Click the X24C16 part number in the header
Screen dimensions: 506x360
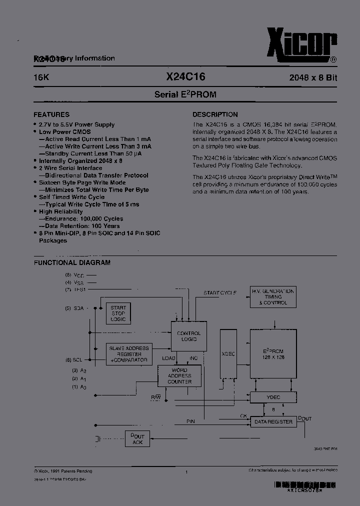tap(185, 77)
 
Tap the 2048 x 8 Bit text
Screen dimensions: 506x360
tap(313, 78)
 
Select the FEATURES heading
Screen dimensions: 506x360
tap(51, 114)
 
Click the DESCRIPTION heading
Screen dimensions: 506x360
tap(215, 114)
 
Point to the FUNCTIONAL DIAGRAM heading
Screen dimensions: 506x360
tap(72, 262)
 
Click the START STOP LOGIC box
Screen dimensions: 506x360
tap(118, 313)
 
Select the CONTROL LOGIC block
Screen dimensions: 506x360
tap(189, 336)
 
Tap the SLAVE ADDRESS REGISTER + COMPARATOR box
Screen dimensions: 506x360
tap(129, 354)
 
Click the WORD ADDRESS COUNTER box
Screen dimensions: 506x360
tap(179, 376)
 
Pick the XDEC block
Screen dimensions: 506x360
tap(228, 353)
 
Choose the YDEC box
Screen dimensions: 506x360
tap(273, 397)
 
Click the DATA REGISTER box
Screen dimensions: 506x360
tap(273, 422)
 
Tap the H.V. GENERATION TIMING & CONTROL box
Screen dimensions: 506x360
tap(273, 297)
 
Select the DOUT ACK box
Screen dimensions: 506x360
tap(137, 439)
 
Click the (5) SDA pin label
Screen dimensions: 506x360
tap(74, 308)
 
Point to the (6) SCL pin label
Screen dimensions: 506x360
tap(73, 360)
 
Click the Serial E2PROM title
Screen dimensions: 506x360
tap(185, 94)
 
